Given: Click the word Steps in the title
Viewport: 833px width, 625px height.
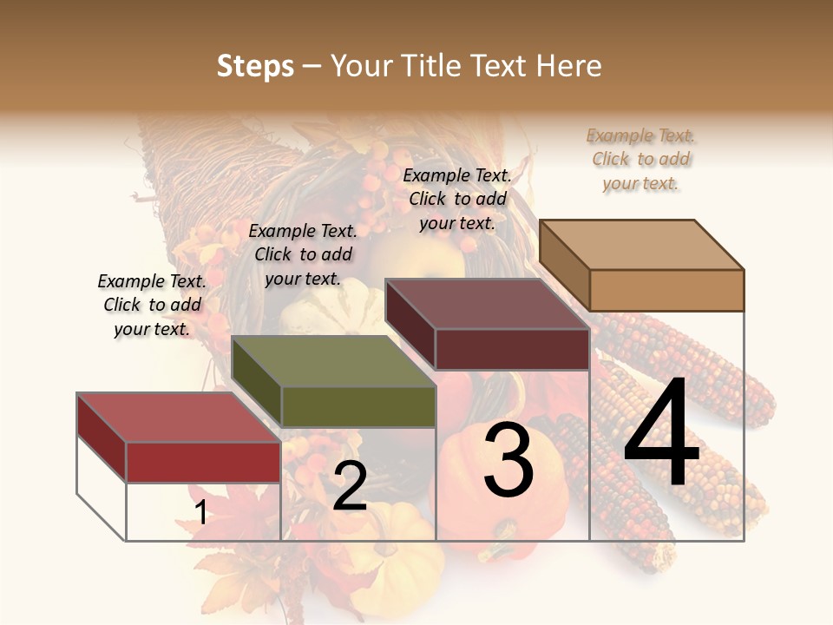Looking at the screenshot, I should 255,66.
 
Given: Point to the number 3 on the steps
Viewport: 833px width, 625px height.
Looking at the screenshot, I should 508,460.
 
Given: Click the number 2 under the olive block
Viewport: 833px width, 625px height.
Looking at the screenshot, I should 350,486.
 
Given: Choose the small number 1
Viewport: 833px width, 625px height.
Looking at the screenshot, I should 201,513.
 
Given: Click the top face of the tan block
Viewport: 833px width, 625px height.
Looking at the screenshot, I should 640,244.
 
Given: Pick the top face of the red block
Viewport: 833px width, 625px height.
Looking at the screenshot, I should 178,418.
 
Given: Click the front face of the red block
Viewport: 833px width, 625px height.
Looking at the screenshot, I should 203,462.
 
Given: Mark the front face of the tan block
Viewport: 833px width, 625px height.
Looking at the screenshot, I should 666,290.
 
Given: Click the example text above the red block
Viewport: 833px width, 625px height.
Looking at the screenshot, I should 152,305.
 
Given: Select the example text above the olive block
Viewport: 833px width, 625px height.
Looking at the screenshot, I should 303,254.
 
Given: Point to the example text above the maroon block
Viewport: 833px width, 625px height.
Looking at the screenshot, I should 457,199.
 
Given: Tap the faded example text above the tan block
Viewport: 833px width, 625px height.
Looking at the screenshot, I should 641,159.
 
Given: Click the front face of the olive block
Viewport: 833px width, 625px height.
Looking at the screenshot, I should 357,406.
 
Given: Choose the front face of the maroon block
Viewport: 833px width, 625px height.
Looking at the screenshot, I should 512,349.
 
